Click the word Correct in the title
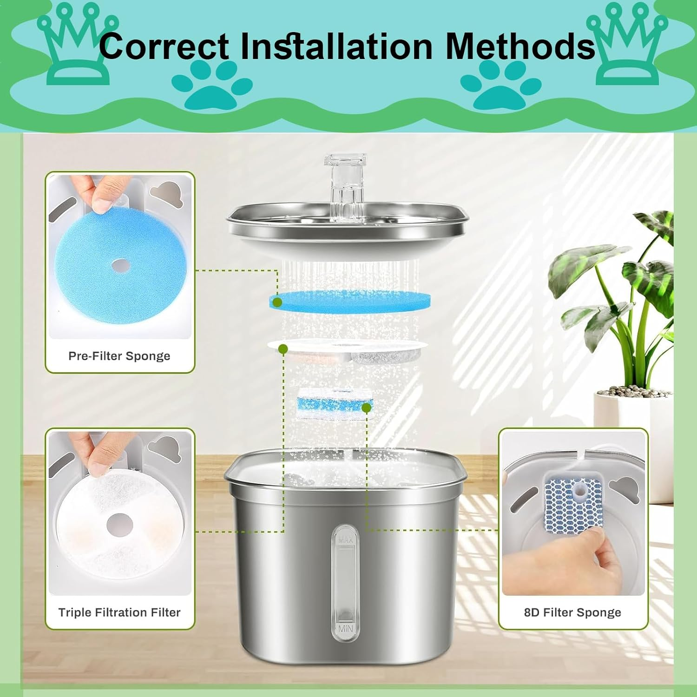click(x=164, y=46)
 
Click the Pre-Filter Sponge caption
click(x=119, y=356)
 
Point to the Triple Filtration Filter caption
click(x=119, y=612)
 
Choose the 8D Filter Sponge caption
click(x=572, y=612)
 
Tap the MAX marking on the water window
click(x=345, y=540)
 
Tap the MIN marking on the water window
click(x=345, y=629)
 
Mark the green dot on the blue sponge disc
click(x=277, y=302)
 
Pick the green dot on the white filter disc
click(x=283, y=349)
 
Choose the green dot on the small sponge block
click(x=366, y=408)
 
